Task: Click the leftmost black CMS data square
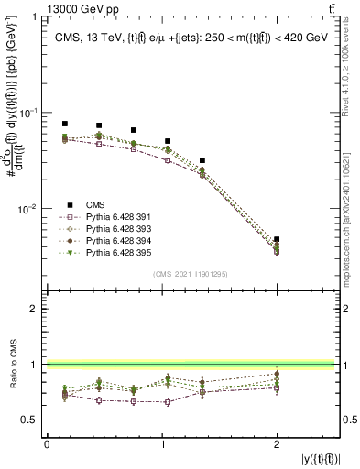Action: (x=65, y=124)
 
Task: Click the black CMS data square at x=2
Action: (x=277, y=239)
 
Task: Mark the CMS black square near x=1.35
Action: (x=202, y=160)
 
